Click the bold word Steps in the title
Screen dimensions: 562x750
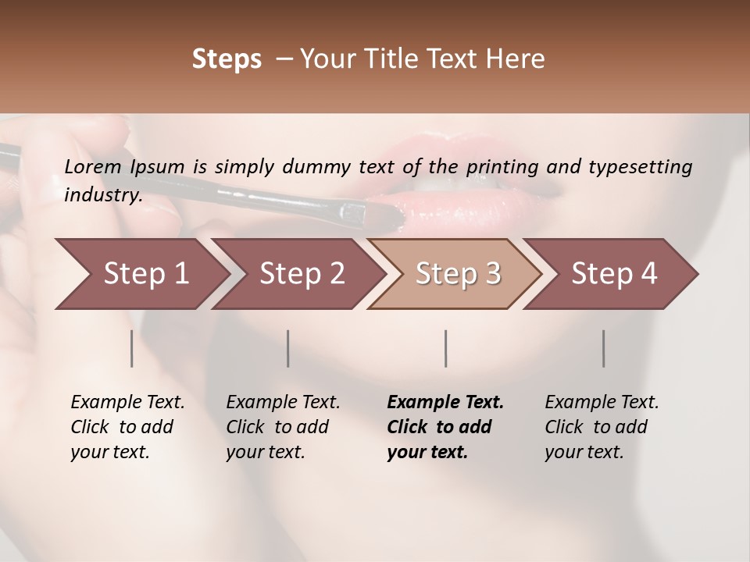coord(227,59)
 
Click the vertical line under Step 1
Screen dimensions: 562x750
coord(131,348)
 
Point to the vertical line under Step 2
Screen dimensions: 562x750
coord(288,348)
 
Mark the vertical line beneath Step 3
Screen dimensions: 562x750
coord(446,348)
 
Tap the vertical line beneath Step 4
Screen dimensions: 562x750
coord(604,348)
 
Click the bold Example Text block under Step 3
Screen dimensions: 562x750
coord(445,427)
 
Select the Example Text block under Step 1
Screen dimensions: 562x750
coord(127,427)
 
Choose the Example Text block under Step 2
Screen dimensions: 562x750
coord(283,427)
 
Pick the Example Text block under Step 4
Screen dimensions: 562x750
coord(602,427)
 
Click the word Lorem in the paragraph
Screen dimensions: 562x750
coord(93,166)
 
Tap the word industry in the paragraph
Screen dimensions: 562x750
coord(102,195)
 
